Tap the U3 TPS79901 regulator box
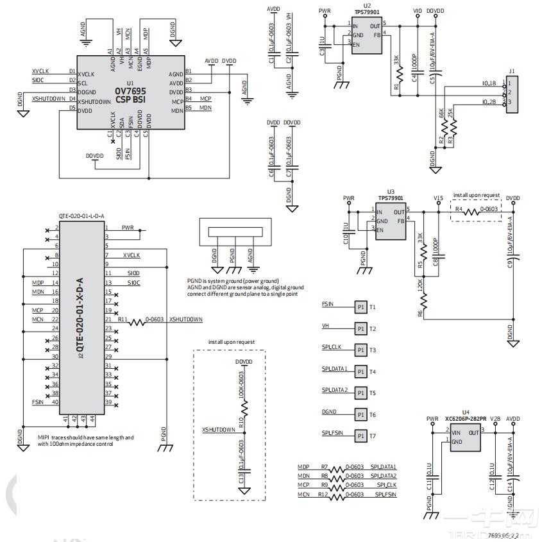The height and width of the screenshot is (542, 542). (x=391, y=222)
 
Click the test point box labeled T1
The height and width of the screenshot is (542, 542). (x=360, y=307)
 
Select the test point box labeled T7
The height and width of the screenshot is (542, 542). (x=360, y=436)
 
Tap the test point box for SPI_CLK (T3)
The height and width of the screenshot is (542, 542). (x=360, y=350)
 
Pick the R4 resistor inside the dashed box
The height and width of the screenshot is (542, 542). (x=472, y=210)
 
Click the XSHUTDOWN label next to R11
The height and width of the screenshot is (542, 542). (x=185, y=319)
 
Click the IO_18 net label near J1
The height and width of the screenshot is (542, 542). (x=489, y=83)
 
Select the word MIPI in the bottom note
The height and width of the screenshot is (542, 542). (x=44, y=437)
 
